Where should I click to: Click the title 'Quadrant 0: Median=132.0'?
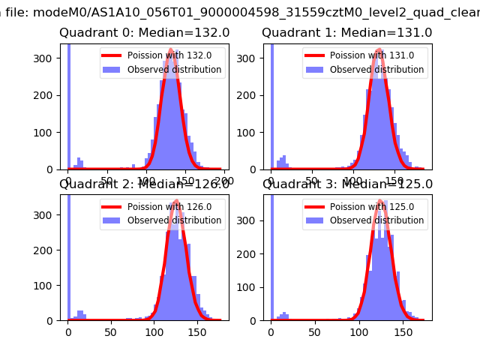point(145,33)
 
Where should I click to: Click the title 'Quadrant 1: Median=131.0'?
point(347,33)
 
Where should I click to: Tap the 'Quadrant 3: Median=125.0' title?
point(347,184)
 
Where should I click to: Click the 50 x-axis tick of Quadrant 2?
point(111,331)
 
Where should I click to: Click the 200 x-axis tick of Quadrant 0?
point(223,181)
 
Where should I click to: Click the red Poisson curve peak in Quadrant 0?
point(171,50)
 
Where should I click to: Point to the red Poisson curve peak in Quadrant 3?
point(380,201)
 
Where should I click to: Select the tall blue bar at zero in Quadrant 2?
point(68,255)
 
